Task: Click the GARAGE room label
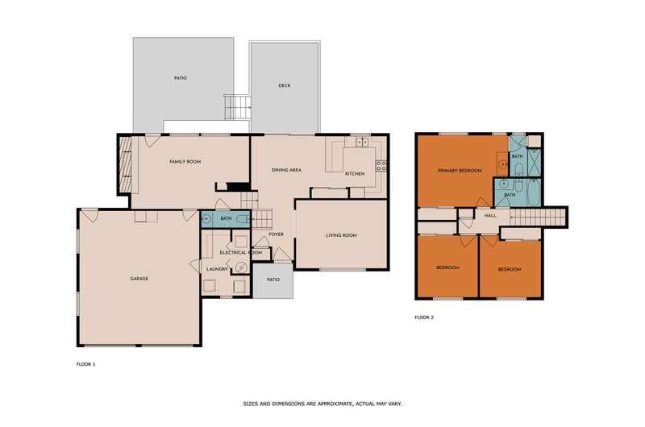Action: pyautogui.click(x=139, y=279)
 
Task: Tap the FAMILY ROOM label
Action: pyautogui.click(x=185, y=161)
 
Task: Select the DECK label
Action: pyautogui.click(x=285, y=85)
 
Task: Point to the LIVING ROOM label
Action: pyautogui.click(x=341, y=235)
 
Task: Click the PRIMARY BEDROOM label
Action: pyautogui.click(x=460, y=171)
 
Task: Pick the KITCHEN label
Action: pyautogui.click(x=355, y=174)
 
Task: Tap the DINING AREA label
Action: pyautogui.click(x=286, y=170)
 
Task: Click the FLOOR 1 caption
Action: pyautogui.click(x=85, y=364)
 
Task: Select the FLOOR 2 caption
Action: pyautogui.click(x=424, y=317)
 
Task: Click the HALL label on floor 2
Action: pyautogui.click(x=490, y=215)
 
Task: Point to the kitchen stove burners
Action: pyautogui.click(x=381, y=166)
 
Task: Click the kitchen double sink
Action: pyautogui.click(x=362, y=142)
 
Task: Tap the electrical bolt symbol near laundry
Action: pyautogui.click(x=241, y=268)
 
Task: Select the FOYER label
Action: pyautogui.click(x=276, y=234)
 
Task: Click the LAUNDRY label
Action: pyautogui.click(x=217, y=269)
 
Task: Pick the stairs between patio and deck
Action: pyautogui.click(x=238, y=107)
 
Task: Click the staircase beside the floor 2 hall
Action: pyautogui.click(x=538, y=217)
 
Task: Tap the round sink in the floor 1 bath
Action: pyautogui.click(x=206, y=218)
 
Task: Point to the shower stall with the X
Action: pyautogui.click(x=534, y=162)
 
